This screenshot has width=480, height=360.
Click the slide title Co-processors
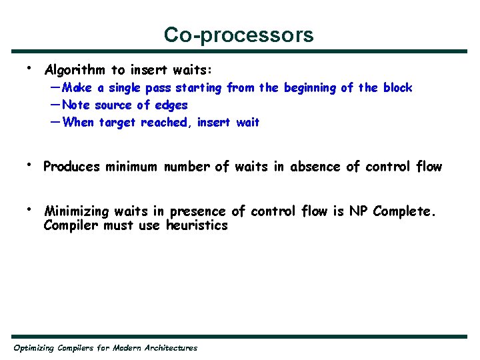(x=239, y=35)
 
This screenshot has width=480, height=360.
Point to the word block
(x=397, y=88)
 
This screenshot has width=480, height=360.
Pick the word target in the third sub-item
(x=118, y=123)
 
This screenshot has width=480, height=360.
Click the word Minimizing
(x=76, y=212)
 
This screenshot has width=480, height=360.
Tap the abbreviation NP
(x=359, y=212)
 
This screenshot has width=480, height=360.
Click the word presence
(x=197, y=212)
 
